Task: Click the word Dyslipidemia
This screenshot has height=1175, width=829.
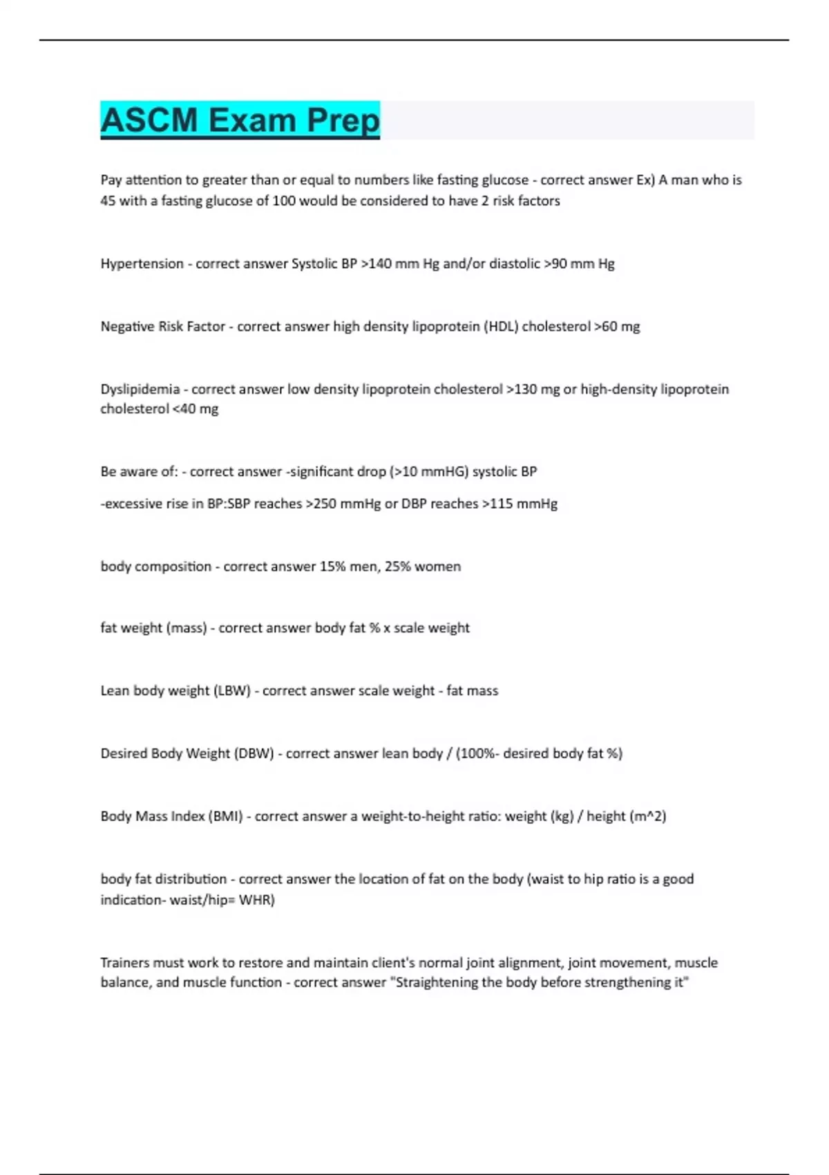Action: click(x=140, y=389)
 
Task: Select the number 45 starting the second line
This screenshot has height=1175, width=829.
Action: click(x=108, y=201)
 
